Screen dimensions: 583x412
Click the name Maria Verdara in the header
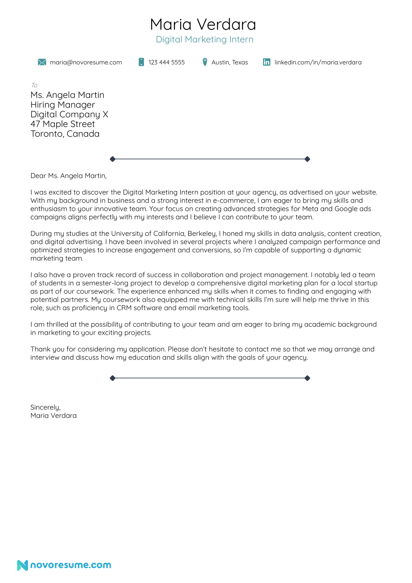(203, 24)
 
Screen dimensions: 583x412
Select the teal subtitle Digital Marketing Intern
(204, 40)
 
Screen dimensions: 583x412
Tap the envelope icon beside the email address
(42, 62)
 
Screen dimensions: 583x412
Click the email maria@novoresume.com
(86, 62)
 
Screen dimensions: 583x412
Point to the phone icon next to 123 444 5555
(141, 62)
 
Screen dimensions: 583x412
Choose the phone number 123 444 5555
(166, 62)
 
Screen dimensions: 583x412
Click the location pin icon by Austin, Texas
(205, 62)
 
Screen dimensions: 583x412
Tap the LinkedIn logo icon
(266, 62)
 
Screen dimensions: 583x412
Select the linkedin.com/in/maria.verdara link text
(318, 62)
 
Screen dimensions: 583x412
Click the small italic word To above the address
(34, 85)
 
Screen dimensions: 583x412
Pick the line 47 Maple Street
(63, 124)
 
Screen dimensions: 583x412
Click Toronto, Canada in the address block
(65, 134)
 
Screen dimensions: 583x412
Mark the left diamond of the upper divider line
(112, 159)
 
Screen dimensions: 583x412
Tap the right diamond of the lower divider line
(307, 378)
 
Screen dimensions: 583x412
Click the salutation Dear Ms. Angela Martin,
(68, 176)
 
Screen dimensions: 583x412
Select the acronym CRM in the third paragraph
(124, 308)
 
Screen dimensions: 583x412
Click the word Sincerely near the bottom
(45, 407)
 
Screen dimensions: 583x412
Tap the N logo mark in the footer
(23, 565)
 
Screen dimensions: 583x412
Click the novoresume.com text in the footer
(71, 565)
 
